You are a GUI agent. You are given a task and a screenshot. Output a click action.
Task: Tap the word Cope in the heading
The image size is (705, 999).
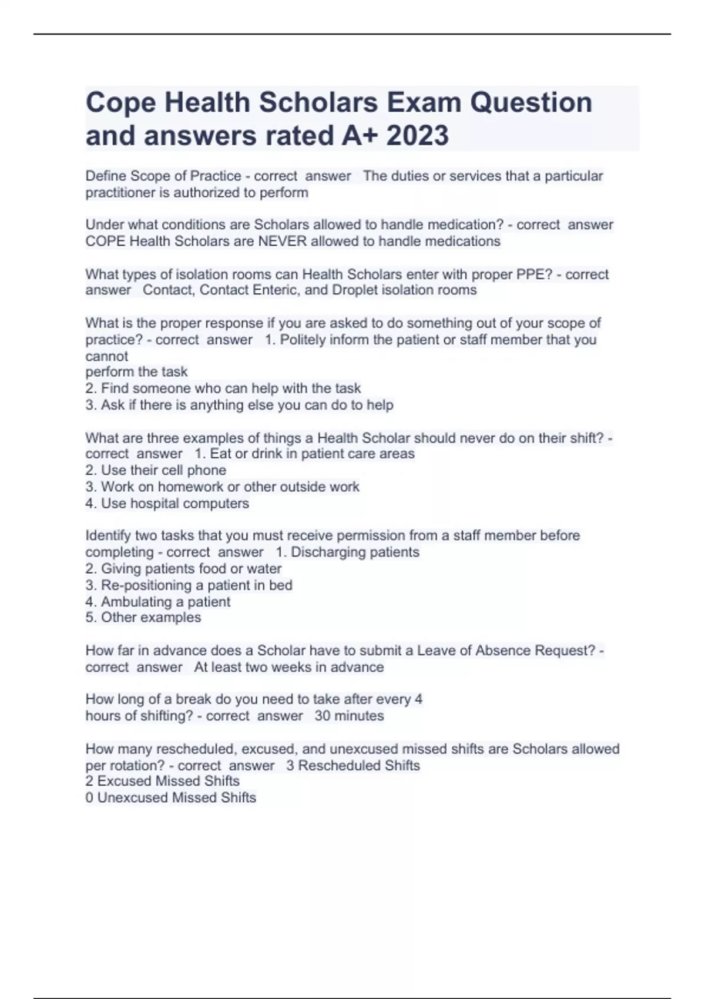tap(120, 103)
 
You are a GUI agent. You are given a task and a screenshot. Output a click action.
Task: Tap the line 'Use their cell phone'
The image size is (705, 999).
tap(156, 470)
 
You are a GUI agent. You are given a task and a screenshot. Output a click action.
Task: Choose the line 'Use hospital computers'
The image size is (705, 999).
tap(167, 504)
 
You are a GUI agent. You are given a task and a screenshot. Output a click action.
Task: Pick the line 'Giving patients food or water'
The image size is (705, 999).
tap(183, 569)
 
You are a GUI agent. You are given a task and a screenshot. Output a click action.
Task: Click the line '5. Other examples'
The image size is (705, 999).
tap(143, 618)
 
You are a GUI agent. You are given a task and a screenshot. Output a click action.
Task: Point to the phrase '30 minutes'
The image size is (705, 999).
tap(349, 716)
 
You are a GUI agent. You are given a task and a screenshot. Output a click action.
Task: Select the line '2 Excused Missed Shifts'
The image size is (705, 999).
tap(163, 781)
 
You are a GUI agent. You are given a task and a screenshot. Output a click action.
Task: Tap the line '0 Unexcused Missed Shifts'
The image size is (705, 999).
tap(171, 797)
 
